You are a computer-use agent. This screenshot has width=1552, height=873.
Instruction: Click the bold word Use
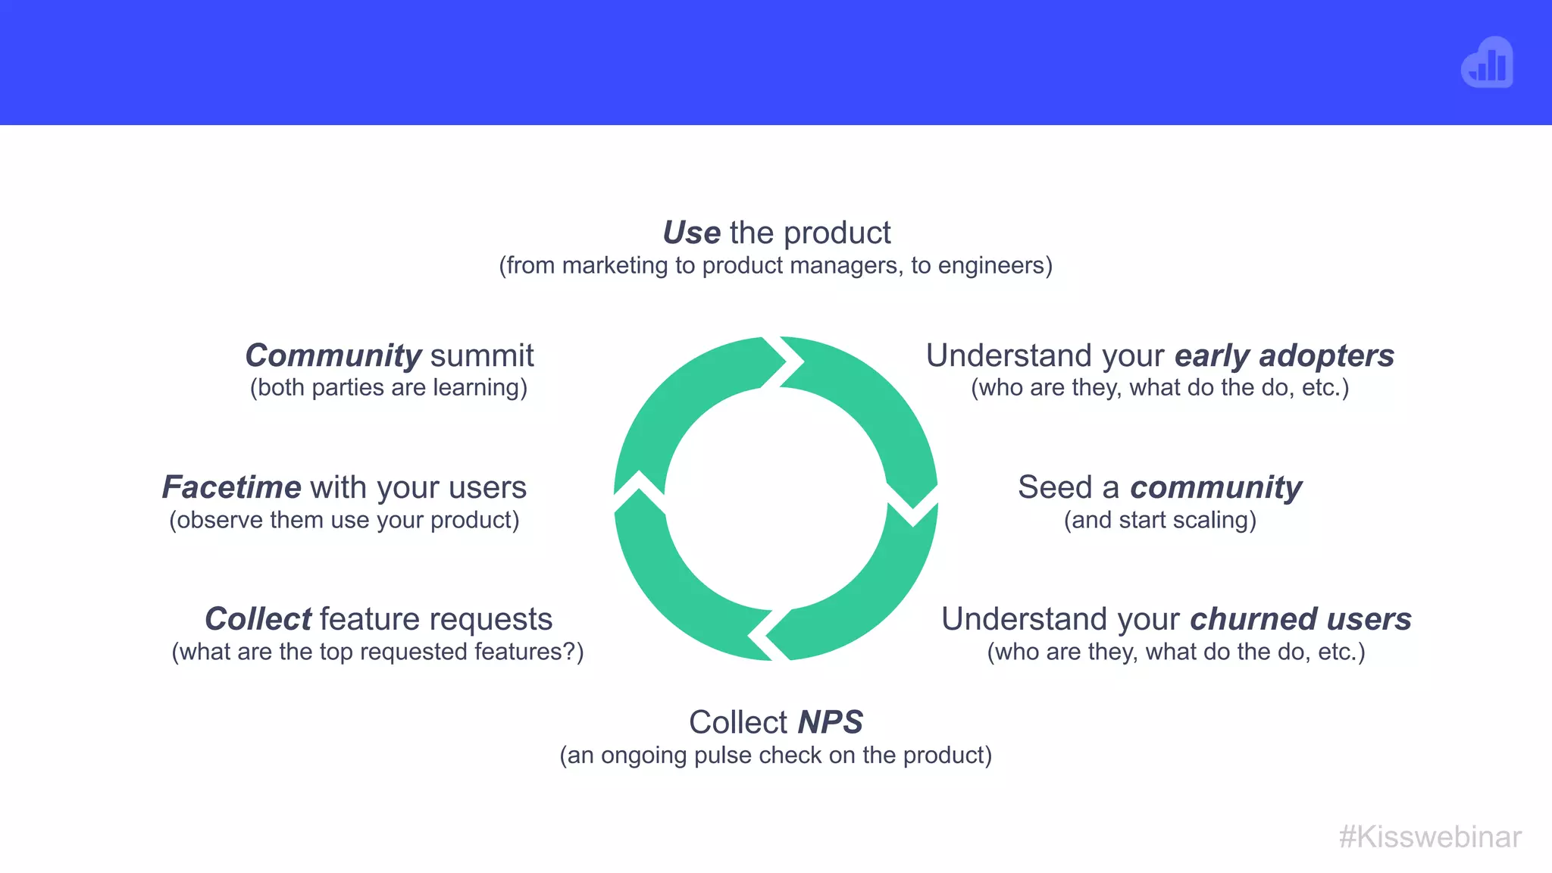point(691,233)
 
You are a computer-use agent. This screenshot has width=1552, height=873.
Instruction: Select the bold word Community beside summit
point(333,356)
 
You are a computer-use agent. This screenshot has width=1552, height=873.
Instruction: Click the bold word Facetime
point(231,487)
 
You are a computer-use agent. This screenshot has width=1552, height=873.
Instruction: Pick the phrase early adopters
point(1284,356)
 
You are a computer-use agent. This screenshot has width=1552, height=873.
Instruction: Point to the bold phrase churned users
point(1300,619)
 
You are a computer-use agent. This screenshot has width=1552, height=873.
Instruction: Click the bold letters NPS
point(830,722)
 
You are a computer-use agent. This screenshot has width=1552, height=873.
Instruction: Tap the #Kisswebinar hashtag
point(1429,837)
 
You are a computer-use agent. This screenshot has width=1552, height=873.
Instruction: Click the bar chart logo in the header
point(1487,63)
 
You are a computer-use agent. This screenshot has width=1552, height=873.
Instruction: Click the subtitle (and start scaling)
point(1159,521)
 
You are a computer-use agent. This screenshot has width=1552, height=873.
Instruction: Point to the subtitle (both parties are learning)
point(389,388)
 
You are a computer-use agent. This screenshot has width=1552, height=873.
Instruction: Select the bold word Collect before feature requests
point(258,619)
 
